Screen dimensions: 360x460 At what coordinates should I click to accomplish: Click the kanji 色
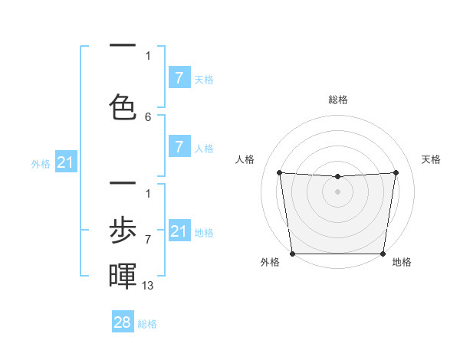(x=123, y=106)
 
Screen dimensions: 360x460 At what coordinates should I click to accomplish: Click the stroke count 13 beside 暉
(x=148, y=285)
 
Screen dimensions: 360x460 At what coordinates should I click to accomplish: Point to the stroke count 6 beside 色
(x=148, y=116)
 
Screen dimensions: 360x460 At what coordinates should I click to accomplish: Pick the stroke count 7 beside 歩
(x=148, y=239)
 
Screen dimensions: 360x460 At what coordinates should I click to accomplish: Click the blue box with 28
(x=123, y=322)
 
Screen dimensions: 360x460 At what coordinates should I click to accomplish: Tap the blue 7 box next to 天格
(x=179, y=78)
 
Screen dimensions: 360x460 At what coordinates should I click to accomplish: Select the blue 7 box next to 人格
(x=179, y=147)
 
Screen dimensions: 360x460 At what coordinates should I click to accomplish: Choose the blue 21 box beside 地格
(x=179, y=231)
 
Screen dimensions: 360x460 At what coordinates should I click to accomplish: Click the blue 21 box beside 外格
(x=66, y=162)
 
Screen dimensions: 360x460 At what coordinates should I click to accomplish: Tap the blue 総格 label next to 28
(x=147, y=324)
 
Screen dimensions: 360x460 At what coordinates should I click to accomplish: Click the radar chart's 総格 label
(x=338, y=100)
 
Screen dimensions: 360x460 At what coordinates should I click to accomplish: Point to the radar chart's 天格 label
(x=431, y=159)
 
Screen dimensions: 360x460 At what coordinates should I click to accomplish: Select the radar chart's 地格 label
(x=402, y=262)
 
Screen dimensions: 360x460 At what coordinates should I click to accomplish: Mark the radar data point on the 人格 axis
(x=279, y=172)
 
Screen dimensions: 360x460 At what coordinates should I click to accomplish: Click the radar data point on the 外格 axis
(x=293, y=254)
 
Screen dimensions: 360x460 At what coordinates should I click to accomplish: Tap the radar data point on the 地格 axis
(x=383, y=254)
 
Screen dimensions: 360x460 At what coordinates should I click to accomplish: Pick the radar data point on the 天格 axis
(x=396, y=172)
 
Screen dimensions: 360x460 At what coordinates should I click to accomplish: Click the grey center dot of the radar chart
(x=338, y=191)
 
